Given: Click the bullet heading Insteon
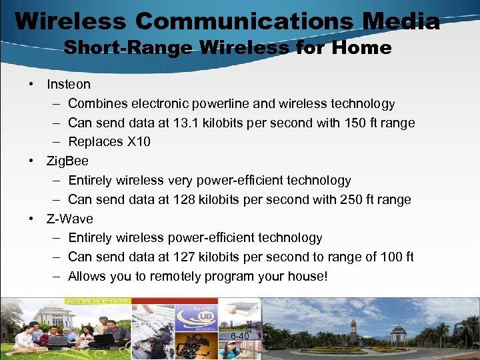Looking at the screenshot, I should [x=69, y=85].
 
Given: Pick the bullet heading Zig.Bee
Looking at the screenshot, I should [x=67, y=161].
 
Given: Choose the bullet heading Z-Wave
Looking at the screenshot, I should [x=69, y=219].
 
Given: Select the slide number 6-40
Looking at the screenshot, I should [x=239, y=336].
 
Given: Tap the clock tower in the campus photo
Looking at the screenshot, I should [x=353, y=329].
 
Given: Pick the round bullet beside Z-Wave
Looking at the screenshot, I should [x=31, y=219].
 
